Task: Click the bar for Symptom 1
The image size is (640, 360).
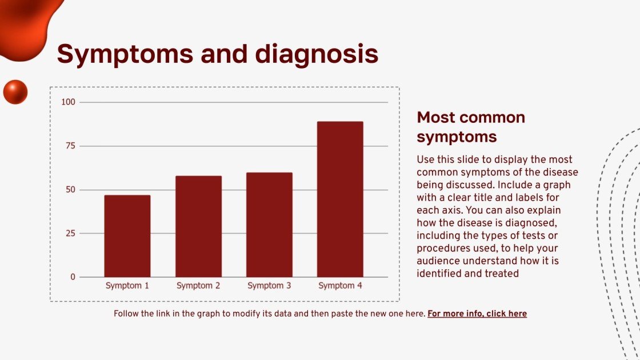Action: click(127, 236)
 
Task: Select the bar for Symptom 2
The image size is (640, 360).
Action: click(198, 226)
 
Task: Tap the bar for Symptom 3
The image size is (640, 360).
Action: click(269, 225)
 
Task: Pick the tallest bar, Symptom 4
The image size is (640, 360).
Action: click(340, 199)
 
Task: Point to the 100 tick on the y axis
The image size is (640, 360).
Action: click(69, 102)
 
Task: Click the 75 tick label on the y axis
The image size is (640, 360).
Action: click(70, 146)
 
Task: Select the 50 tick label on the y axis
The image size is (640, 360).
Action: click(70, 190)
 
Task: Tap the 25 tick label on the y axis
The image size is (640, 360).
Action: click(70, 233)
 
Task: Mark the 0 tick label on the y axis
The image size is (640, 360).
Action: click(73, 277)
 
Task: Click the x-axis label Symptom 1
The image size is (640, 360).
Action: click(127, 286)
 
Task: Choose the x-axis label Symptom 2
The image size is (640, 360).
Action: click(198, 286)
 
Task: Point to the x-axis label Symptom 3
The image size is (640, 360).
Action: click(269, 286)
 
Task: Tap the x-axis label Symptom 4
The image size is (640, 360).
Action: click(340, 286)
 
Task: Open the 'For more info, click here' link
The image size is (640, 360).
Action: click(477, 314)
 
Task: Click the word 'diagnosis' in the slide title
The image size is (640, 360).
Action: click(317, 54)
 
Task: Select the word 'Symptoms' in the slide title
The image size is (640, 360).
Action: click(125, 54)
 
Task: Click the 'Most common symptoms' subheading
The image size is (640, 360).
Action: click(470, 127)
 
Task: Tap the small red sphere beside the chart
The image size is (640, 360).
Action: click(15, 92)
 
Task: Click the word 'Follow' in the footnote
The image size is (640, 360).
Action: click(126, 314)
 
